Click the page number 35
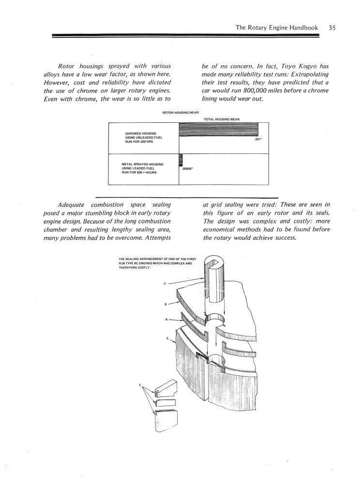[331, 28]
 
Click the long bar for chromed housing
[218, 130]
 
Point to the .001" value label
[257, 139]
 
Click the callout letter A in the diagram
[167, 320]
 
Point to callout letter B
[166, 304]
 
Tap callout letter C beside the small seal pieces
[140, 385]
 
